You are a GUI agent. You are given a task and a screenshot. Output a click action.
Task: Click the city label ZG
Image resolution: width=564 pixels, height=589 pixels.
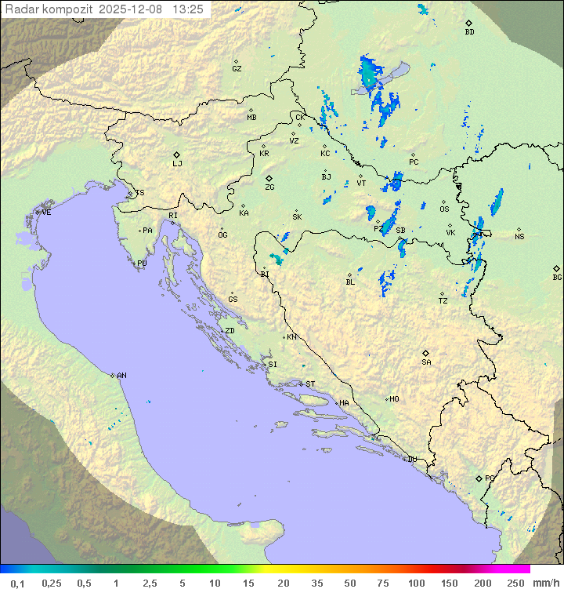tap(269, 187)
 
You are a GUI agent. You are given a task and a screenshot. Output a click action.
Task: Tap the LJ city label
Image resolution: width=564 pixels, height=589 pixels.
tap(177, 164)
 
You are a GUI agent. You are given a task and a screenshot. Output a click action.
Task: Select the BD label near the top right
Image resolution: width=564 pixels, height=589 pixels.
tap(469, 32)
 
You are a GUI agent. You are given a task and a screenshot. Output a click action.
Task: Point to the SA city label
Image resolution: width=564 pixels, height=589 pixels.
tap(426, 362)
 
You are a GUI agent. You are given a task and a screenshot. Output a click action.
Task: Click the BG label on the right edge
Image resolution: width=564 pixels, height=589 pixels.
tap(557, 277)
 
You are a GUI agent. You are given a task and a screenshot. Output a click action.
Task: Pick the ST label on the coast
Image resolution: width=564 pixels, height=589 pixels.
tap(310, 384)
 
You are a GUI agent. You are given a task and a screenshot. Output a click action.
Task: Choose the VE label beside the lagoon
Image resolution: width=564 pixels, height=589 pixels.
tap(46, 213)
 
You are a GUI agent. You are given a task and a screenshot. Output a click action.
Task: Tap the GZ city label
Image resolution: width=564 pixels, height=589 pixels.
tap(237, 69)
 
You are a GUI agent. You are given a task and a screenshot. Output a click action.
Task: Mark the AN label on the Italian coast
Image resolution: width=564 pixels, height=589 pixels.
tap(121, 376)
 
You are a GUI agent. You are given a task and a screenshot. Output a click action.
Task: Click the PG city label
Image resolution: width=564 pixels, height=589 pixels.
tap(490, 478)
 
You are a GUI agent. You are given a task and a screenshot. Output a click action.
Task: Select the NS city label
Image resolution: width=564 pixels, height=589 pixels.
tap(519, 237)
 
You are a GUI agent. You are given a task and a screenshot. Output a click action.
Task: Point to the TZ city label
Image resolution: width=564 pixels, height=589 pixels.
tap(443, 300)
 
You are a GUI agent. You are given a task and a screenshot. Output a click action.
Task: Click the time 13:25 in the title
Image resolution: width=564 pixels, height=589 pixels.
tap(188, 9)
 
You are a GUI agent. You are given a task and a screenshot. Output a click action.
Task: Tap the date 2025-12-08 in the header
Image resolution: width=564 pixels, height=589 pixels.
tap(132, 9)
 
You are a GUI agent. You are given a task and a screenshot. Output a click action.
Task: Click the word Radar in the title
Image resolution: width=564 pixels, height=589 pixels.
tap(21, 9)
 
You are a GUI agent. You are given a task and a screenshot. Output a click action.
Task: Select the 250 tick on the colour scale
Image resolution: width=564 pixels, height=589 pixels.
tap(515, 583)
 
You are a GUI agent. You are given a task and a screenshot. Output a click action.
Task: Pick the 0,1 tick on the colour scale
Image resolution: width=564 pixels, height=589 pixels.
tap(17, 583)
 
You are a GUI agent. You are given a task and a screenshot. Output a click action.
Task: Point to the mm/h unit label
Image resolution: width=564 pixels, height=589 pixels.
tap(546, 583)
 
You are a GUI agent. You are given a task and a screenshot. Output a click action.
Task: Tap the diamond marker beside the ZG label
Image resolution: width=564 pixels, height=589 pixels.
tap(269, 179)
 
